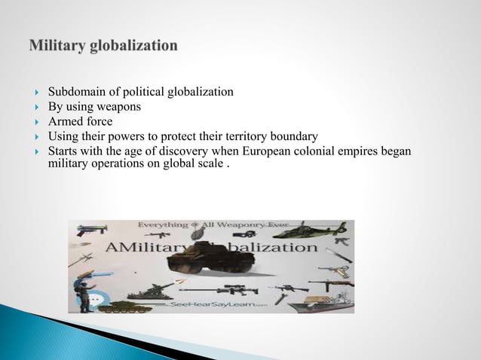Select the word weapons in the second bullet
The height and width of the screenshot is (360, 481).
[x=118, y=107]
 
